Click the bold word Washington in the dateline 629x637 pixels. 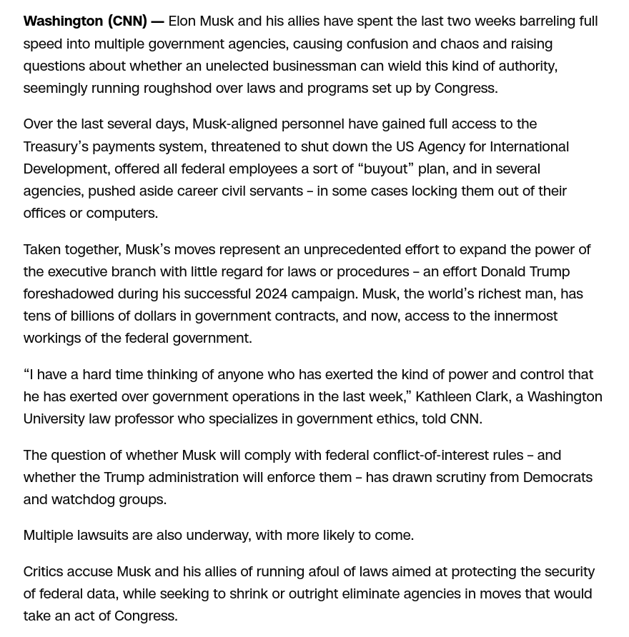pos(63,21)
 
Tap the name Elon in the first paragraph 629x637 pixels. pos(182,21)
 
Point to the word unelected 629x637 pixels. pos(239,66)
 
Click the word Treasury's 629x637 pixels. pos(56,146)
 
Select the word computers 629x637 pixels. pos(121,213)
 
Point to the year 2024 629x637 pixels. pos(271,294)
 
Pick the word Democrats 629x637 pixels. pos(558,477)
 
